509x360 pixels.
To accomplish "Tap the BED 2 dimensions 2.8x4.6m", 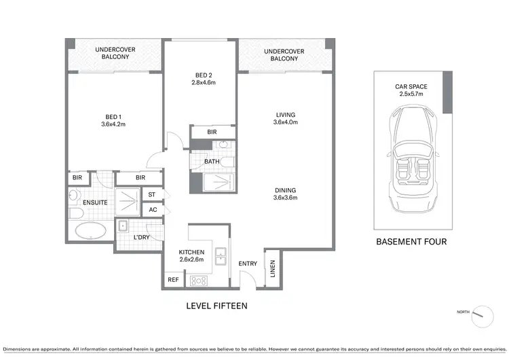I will (203, 83).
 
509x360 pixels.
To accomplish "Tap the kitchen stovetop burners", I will (199, 280).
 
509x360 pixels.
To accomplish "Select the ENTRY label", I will (247, 264).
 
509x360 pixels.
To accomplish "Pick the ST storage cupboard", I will (153, 195).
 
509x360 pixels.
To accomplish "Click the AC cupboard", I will (153, 210).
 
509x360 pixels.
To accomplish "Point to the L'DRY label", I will (141, 237).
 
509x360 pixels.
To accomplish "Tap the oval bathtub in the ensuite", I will (90, 231).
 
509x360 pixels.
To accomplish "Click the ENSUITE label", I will (95, 202).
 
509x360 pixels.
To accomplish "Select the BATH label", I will (211, 162).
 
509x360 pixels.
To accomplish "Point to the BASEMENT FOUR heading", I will (411, 241).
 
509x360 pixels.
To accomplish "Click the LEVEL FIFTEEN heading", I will (216, 306).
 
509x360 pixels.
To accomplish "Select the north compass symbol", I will (482, 314).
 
